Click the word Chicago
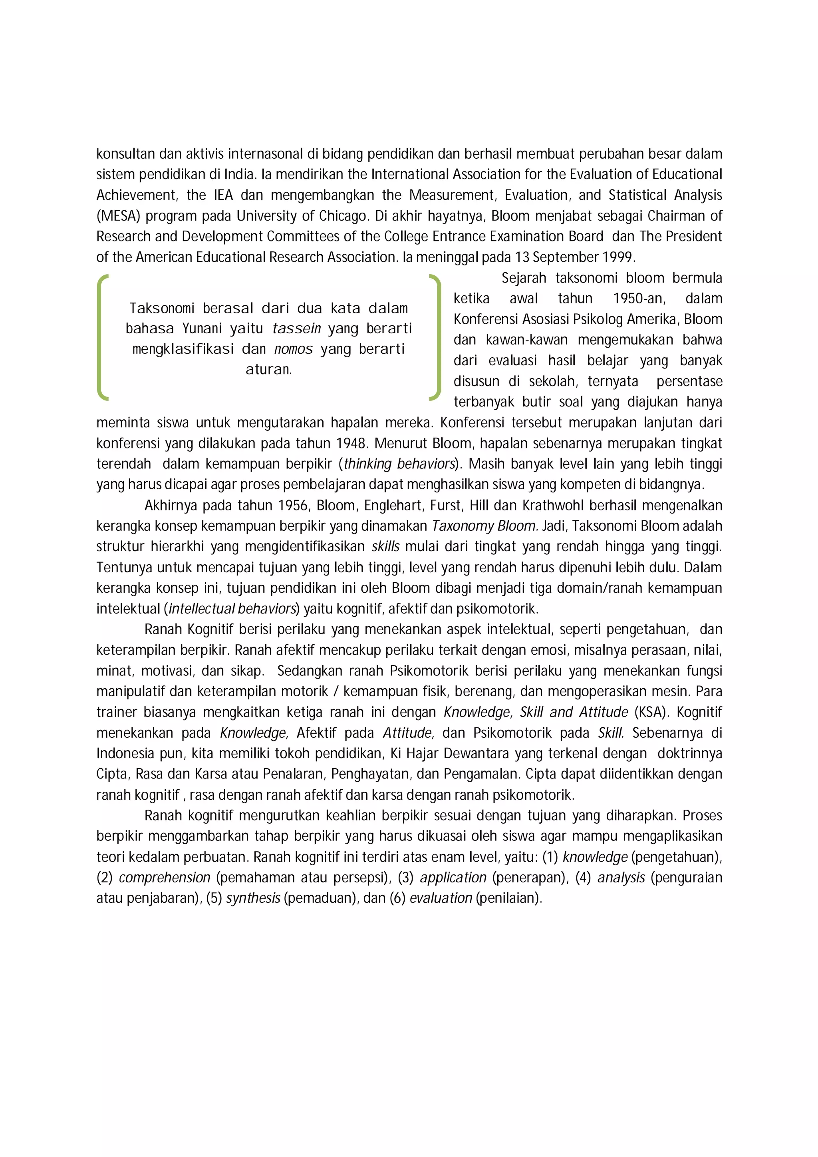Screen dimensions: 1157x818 [343, 216]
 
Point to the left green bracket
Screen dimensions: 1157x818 [101, 338]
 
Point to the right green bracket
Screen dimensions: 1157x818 [436, 338]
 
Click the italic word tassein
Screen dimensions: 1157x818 [296, 329]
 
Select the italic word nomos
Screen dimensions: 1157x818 [293, 349]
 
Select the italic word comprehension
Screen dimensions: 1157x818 [164, 877]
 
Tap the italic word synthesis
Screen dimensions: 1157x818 [253, 898]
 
